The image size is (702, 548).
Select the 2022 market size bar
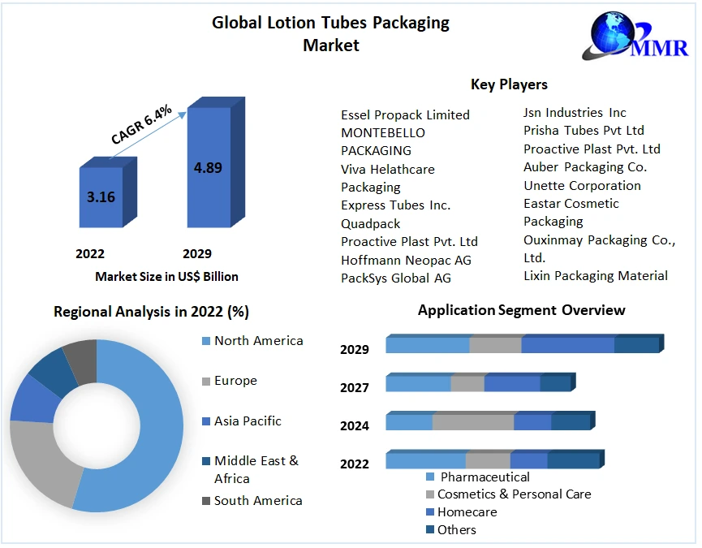point(101,196)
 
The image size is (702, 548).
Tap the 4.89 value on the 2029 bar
point(208,168)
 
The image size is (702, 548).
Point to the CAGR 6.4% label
point(141,124)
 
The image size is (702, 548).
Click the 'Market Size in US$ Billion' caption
point(166,277)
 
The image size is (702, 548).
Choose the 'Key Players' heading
point(509,84)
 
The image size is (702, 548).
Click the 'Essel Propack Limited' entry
point(405,115)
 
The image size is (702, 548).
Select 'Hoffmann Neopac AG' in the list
point(406,260)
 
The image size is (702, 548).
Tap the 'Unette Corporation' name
point(582,185)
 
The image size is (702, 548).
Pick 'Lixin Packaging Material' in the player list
point(596,276)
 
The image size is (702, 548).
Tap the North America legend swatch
point(205,341)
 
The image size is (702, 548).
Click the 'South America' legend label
point(258,501)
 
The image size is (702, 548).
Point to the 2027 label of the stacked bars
point(355,388)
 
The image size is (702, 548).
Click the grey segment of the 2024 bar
point(473,422)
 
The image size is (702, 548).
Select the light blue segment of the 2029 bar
point(428,345)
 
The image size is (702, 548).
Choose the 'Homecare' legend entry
point(467,512)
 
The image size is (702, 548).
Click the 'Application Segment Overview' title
point(521,310)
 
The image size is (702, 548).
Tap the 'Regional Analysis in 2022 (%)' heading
point(151,312)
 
